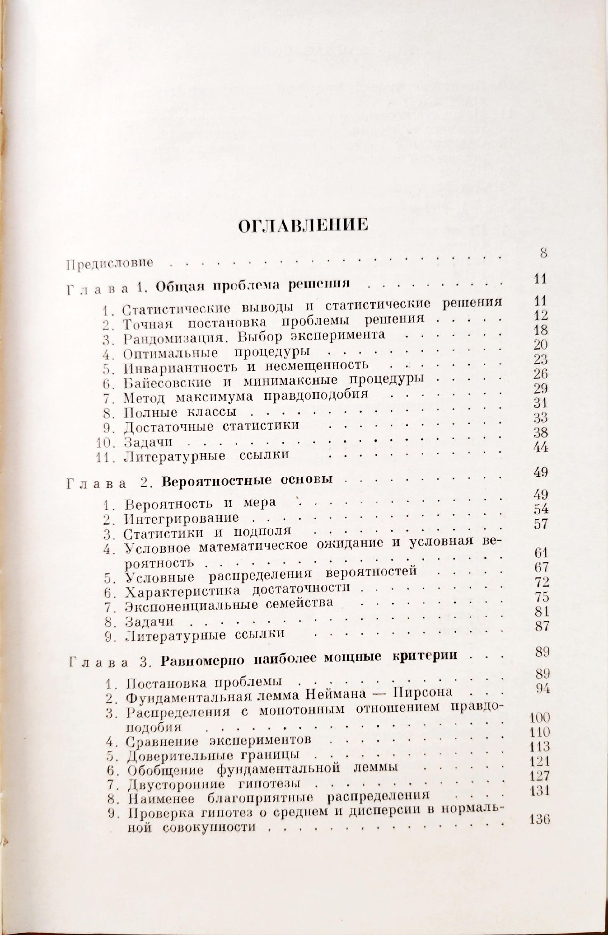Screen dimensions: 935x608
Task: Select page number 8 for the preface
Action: click(x=543, y=254)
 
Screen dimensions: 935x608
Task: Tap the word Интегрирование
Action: click(x=182, y=518)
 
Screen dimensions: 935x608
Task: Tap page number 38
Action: click(x=540, y=432)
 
